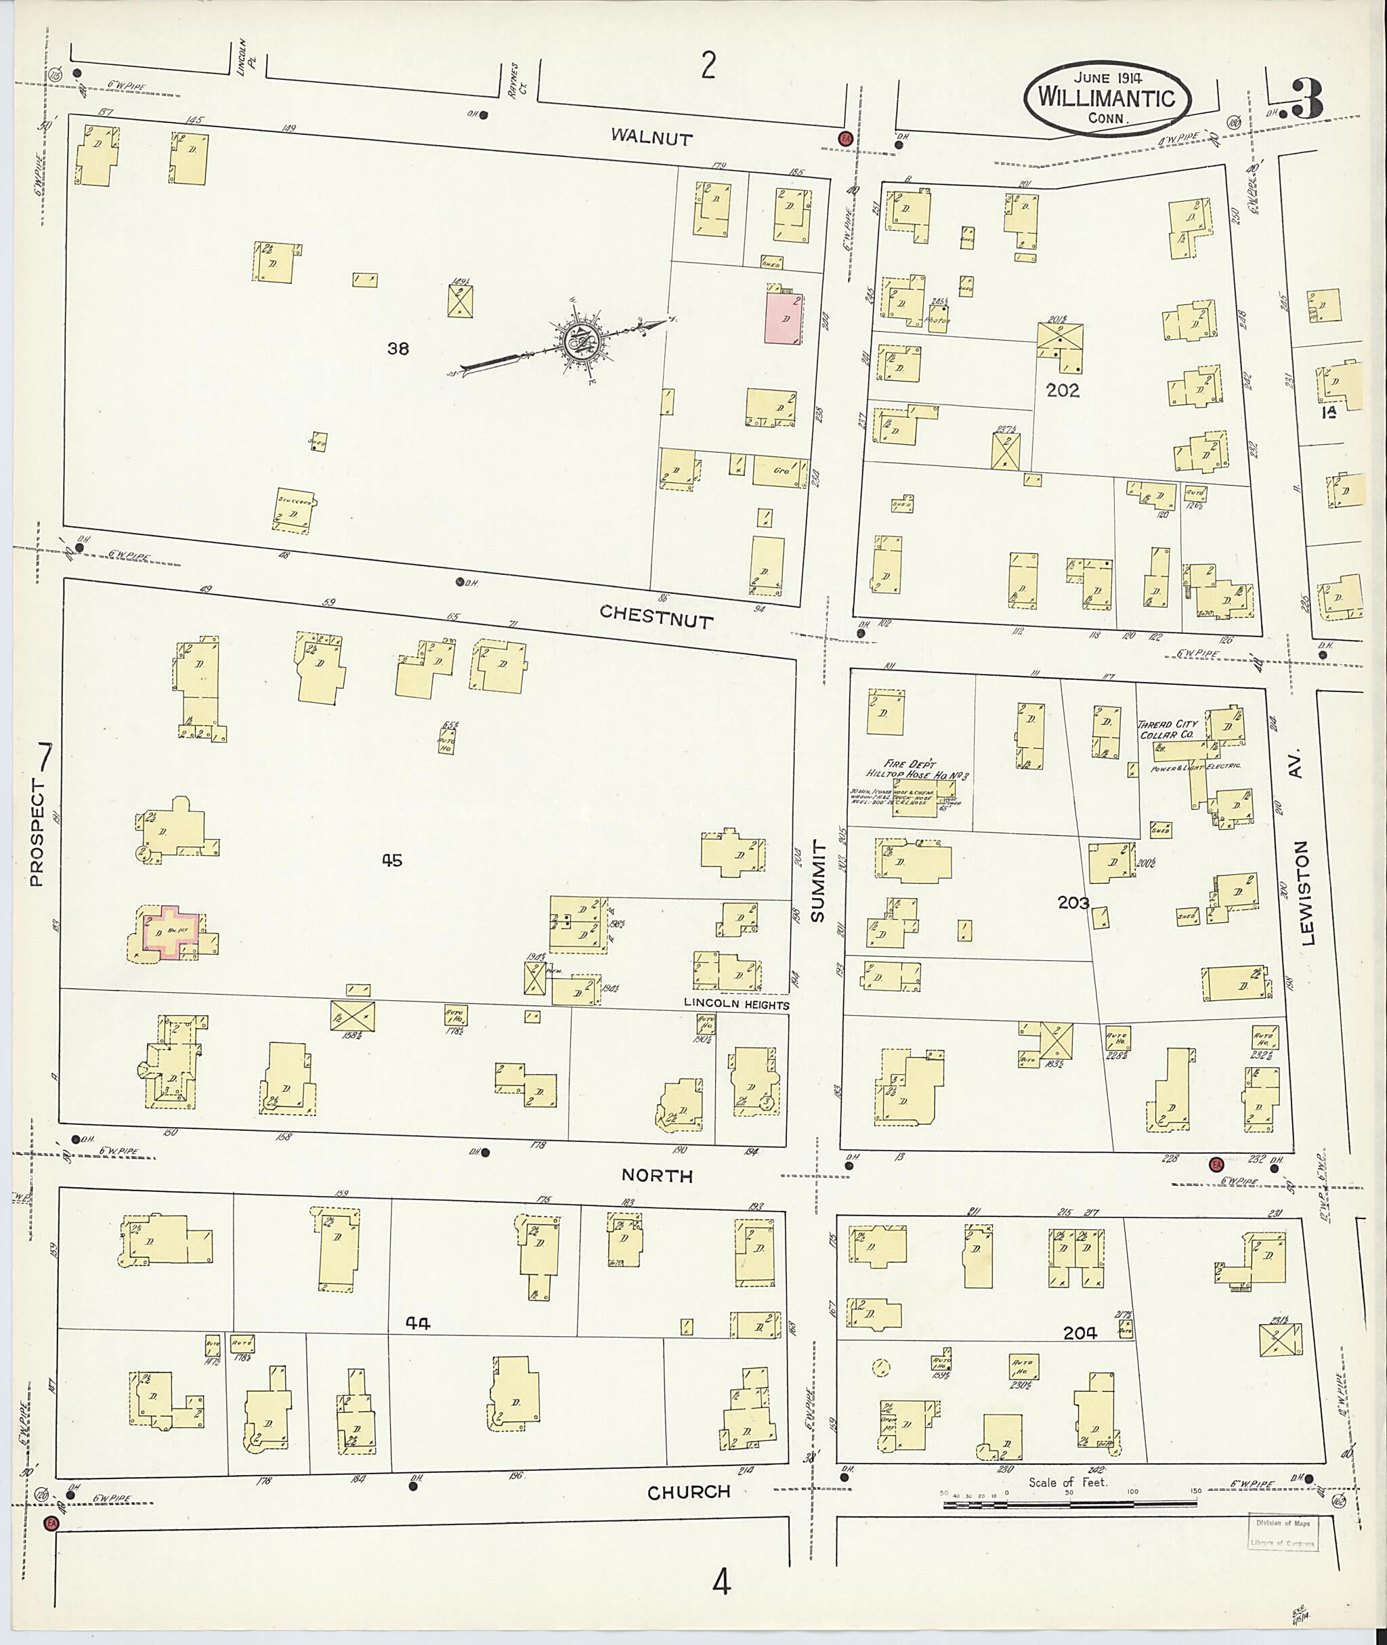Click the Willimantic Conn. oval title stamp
coord(1107,98)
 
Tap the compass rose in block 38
coord(582,341)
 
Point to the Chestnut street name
coord(656,616)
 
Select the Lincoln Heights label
coord(736,1004)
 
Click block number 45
coord(391,860)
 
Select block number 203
coord(1073,903)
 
